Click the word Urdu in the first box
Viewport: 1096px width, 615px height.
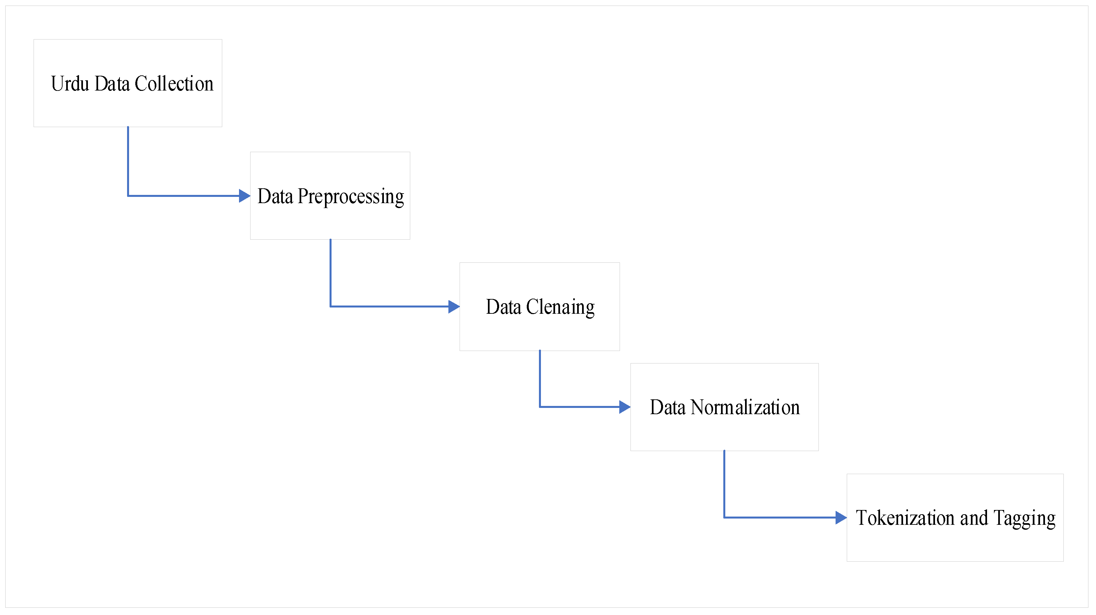click(x=70, y=84)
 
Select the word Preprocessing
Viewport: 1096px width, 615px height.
click(x=351, y=197)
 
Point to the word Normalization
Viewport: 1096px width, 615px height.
click(x=745, y=407)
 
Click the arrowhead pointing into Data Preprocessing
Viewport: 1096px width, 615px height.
click(x=245, y=196)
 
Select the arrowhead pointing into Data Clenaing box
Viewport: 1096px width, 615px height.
click(x=454, y=307)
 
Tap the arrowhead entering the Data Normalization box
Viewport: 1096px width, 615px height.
click(x=625, y=407)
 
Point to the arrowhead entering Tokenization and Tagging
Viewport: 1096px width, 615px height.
click(x=841, y=518)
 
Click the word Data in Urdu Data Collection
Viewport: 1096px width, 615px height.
click(x=112, y=84)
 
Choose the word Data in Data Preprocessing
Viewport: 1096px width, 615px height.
click(x=275, y=197)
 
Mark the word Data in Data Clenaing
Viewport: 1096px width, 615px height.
click(x=503, y=307)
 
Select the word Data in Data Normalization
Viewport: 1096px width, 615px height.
click(x=668, y=407)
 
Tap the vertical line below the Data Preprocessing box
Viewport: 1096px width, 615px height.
click(x=331, y=272)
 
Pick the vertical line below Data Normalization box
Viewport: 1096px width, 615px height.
click(x=724, y=484)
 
